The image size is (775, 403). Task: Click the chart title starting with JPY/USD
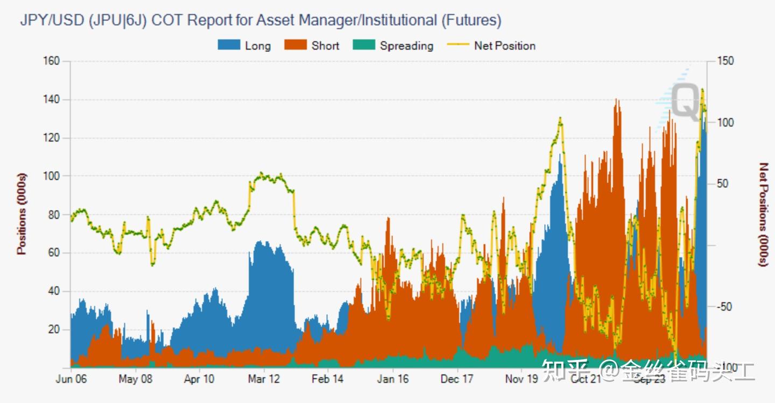[260, 20]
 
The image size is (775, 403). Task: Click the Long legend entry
[244, 46]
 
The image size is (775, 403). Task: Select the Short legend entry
[312, 46]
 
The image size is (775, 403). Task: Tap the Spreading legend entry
[393, 46]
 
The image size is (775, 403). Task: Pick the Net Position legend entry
[491, 46]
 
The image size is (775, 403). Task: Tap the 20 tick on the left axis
[53, 330]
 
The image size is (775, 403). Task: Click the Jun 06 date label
[71, 379]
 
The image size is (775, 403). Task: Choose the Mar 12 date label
[264, 379]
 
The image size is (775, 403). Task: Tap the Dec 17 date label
[457, 379]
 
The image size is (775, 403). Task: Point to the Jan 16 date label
[393, 379]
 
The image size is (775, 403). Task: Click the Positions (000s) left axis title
[22, 214]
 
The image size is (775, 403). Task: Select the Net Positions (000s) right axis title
[763, 214]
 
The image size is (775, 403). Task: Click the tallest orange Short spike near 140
[617, 102]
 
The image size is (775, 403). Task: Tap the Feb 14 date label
[327, 379]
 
